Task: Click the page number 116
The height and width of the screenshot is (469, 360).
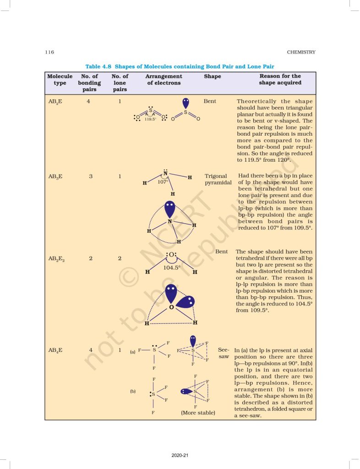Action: [x=49, y=52]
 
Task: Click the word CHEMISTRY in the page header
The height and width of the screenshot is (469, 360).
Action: [x=301, y=52]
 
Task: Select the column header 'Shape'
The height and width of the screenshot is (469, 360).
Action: [x=212, y=76]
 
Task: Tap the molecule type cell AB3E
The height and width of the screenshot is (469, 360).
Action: [x=55, y=176]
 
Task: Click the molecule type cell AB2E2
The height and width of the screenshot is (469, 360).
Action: [x=57, y=259]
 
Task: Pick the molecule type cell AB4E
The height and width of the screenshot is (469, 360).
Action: [x=55, y=350]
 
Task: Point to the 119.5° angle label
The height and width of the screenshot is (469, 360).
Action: [x=150, y=119]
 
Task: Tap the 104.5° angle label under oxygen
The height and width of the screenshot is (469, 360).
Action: [x=172, y=267]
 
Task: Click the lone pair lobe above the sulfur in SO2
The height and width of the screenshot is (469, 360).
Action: [x=185, y=103]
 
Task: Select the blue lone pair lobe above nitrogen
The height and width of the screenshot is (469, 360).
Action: [x=170, y=209]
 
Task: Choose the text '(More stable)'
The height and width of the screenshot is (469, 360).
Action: [x=198, y=412]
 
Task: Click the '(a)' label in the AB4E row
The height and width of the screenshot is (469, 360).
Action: [x=132, y=352]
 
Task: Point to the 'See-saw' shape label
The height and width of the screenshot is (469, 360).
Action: [x=224, y=353]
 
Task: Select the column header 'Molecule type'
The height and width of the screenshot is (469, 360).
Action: [x=60, y=80]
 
